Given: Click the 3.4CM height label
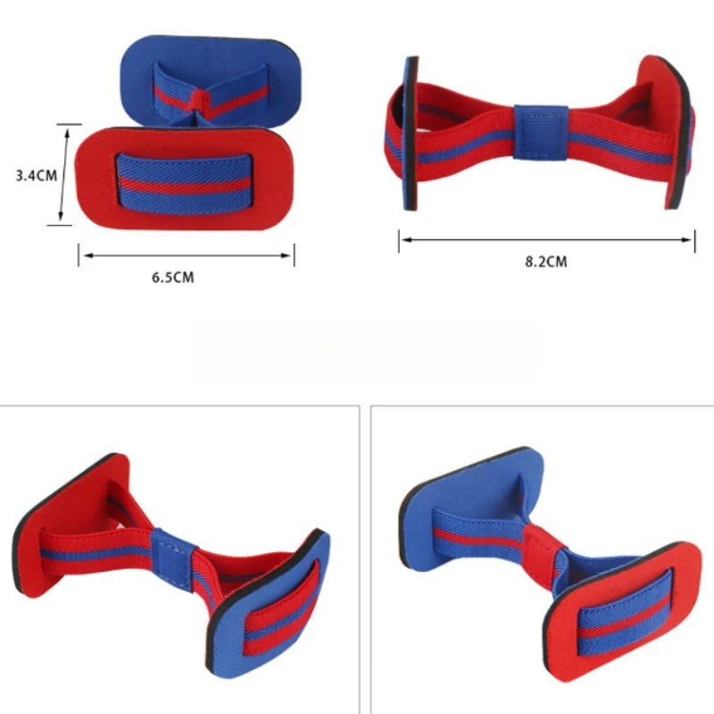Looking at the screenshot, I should point(36,176).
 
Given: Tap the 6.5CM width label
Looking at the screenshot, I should point(172,278).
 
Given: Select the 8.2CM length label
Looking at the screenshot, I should point(545,262).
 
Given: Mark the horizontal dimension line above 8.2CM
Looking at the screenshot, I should point(546,239).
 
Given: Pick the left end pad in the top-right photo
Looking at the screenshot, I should point(411,134).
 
